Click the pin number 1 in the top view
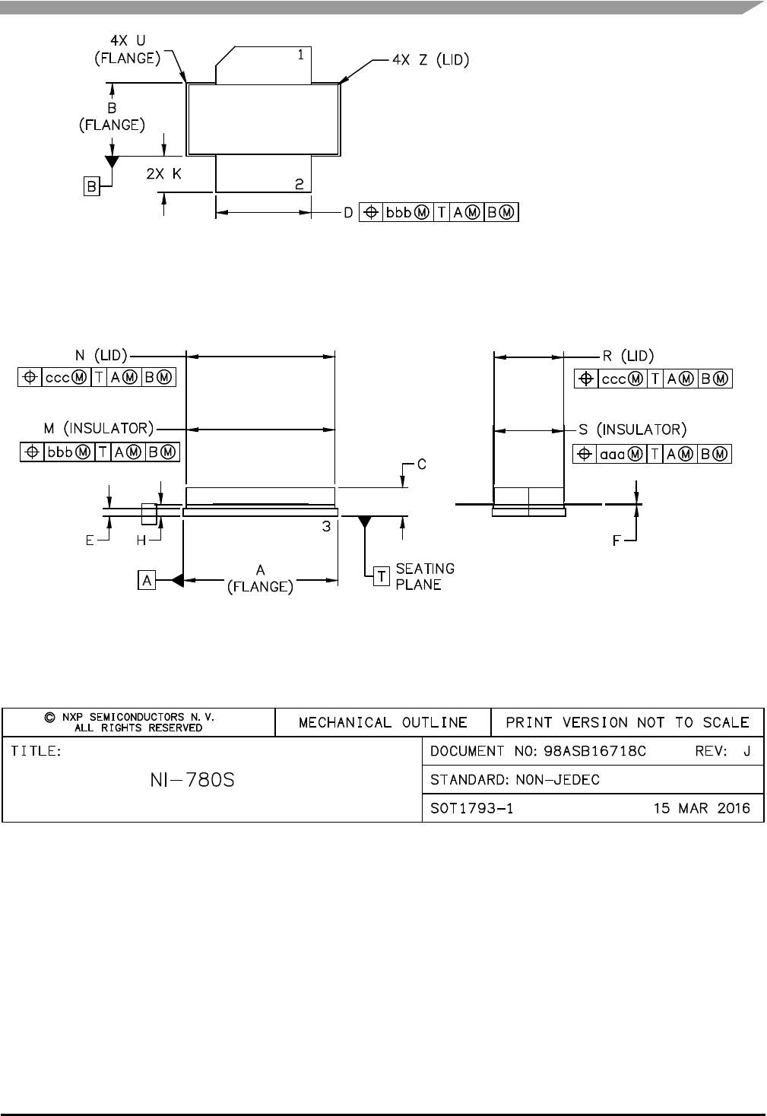coord(301,55)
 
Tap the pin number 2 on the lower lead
coord(300,184)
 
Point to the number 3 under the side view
coord(325,526)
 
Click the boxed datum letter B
coord(91,186)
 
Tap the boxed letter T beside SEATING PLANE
coord(382,577)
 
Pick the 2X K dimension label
coord(164,173)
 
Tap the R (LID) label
coord(628,355)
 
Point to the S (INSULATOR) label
coord(632,430)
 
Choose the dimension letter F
coord(618,541)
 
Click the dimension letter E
coord(90,541)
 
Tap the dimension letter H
coord(141,541)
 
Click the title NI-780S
coord(192,780)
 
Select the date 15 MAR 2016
coord(702,808)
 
